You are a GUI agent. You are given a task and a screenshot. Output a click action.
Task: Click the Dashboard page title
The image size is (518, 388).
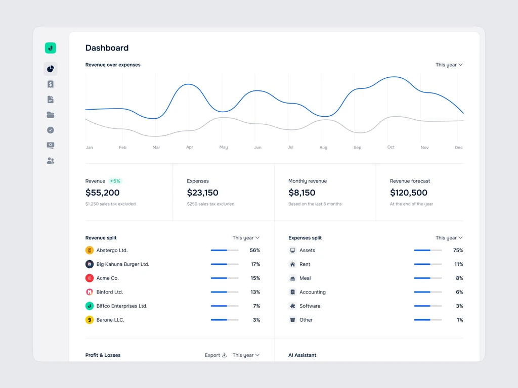[107, 48]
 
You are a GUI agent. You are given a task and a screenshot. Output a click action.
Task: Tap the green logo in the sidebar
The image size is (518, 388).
[50, 48]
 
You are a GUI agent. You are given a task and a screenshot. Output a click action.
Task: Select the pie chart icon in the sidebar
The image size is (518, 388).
[50, 69]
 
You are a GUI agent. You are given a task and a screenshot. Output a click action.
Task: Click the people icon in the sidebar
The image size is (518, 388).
[50, 161]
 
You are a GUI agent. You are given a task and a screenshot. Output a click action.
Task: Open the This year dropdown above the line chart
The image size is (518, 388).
[449, 65]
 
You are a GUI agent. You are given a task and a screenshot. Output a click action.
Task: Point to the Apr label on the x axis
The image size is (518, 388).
[190, 148]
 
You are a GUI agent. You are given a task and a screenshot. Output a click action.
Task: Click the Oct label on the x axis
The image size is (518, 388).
[391, 148]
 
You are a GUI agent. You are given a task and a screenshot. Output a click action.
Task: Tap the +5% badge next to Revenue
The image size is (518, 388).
[115, 181]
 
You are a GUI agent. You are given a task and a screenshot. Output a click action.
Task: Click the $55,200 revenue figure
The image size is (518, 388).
[103, 192]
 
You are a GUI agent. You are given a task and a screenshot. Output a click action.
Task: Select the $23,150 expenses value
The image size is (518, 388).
[203, 192]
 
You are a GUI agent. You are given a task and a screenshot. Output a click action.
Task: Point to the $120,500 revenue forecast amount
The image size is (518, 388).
[409, 192]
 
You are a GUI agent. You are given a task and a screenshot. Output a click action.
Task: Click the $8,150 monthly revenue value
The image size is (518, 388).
[302, 192]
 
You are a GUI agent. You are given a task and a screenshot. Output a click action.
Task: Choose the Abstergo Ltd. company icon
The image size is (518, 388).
[90, 250]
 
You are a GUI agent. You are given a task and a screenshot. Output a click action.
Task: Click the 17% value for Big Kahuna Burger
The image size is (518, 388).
[255, 264]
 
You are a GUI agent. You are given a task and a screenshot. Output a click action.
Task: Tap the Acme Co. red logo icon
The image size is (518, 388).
[90, 278]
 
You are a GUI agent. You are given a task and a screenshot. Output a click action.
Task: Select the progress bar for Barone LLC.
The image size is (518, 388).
[225, 320]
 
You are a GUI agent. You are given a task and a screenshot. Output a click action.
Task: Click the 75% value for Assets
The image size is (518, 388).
[458, 250]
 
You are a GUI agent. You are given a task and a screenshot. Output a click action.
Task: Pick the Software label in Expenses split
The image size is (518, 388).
[310, 306]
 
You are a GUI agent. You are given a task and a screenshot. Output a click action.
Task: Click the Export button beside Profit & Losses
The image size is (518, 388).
[215, 355]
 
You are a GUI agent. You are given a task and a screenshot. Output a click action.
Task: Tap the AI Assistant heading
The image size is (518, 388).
[302, 355]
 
